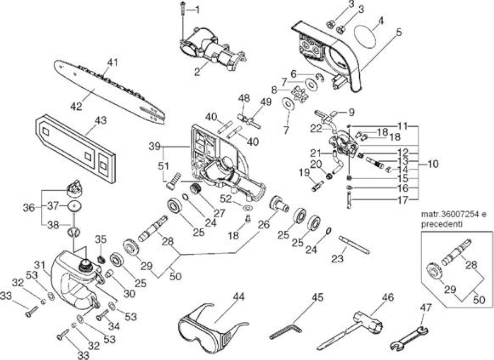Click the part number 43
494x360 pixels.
click(101, 121)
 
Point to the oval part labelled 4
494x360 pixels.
click(365, 37)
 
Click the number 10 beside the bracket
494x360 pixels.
click(433, 164)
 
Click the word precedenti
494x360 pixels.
click(442, 224)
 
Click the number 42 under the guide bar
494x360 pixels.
click(76, 107)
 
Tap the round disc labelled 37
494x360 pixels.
click(75, 206)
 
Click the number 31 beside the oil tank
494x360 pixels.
click(40, 265)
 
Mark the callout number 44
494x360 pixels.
click(239, 297)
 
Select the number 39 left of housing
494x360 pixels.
click(154, 146)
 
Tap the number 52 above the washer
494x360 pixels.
click(226, 199)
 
